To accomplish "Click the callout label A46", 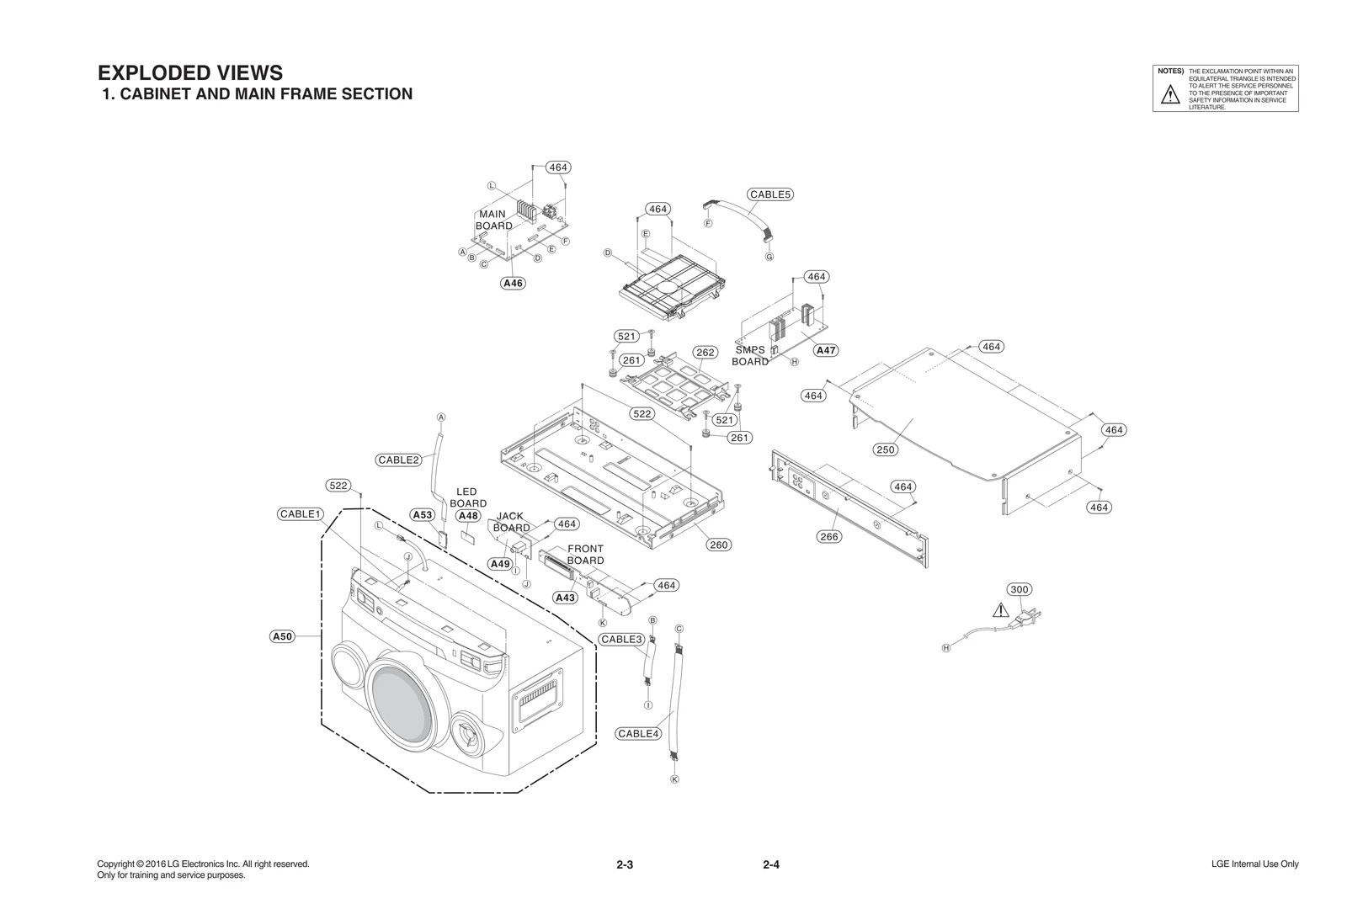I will pyautogui.click(x=513, y=283).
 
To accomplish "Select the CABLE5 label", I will pyautogui.click(x=770, y=194).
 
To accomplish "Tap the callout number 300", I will pyautogui.click(x=1020, y=589).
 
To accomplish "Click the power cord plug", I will pyautogui.click(x=1027, y=619).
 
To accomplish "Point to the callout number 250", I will pyautogui.click(x=885, y=449).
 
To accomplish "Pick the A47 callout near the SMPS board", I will pyautogui.click(x=827, y=350).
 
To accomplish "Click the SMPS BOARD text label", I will pyautogui.click(x=749, y=356).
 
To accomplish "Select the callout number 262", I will pyautogui.click(x=705, y=353).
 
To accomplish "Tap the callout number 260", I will pyautogui.click(x=718, y=545).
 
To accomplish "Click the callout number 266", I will pyautogui.click(x=829, y=536).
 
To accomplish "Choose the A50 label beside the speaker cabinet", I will pyautogui.click(x=282, y=636).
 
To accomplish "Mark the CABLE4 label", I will pyautogui.click(x=638, y=733).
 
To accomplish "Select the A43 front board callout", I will pyautogui.click(x=565, y=598).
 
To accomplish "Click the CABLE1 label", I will pyautogui.click(x=301, y=513).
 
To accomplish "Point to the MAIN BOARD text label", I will pyautogui.click(x=493, y=220).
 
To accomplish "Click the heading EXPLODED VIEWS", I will pyautogui.click(x=190, y=72).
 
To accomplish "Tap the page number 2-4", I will pyautogui.click(x=771, y=864).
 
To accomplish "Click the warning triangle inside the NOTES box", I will pyautogui.click(x=1169, y=96).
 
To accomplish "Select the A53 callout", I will pyautogui.click(x=422, y=514).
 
